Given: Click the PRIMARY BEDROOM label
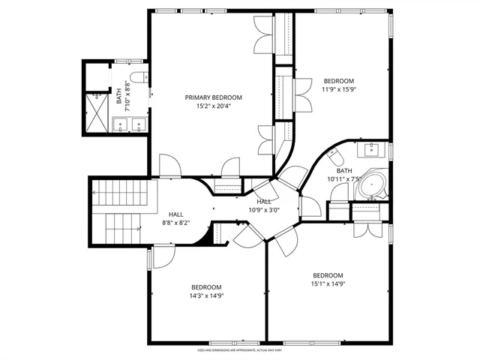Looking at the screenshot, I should [214, 97].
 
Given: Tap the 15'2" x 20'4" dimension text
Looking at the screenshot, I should [214, 106].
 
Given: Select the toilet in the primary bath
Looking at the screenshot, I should [136, 78].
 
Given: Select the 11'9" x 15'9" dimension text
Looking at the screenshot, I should [338, 89].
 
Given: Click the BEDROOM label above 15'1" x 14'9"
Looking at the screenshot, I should [328, 275].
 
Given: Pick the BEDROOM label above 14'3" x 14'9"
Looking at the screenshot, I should [206, 287].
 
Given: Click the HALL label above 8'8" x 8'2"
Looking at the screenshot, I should [175, 214].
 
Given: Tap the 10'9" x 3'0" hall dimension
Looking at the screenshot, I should [264, 209].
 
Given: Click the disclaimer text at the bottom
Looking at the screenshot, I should [240, 350].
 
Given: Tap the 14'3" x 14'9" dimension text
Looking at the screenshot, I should [206, 295].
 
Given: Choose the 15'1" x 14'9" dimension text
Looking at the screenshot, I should [328, 283].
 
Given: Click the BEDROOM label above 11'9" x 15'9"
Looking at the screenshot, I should [338, 81].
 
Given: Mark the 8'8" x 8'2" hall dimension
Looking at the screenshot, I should [175, 223].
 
